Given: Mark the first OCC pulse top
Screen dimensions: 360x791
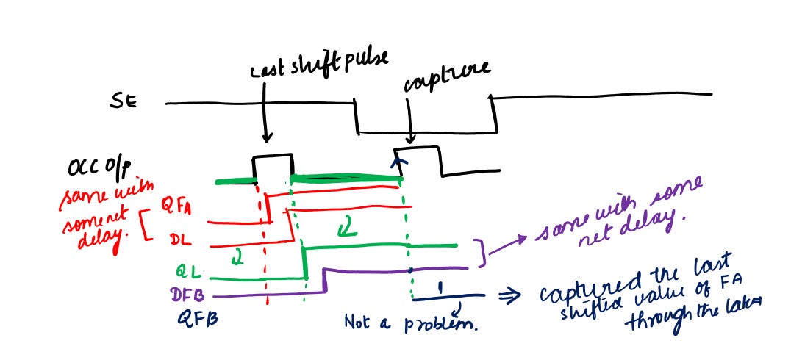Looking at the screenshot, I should pyautogui.click(x=273, y=156).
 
